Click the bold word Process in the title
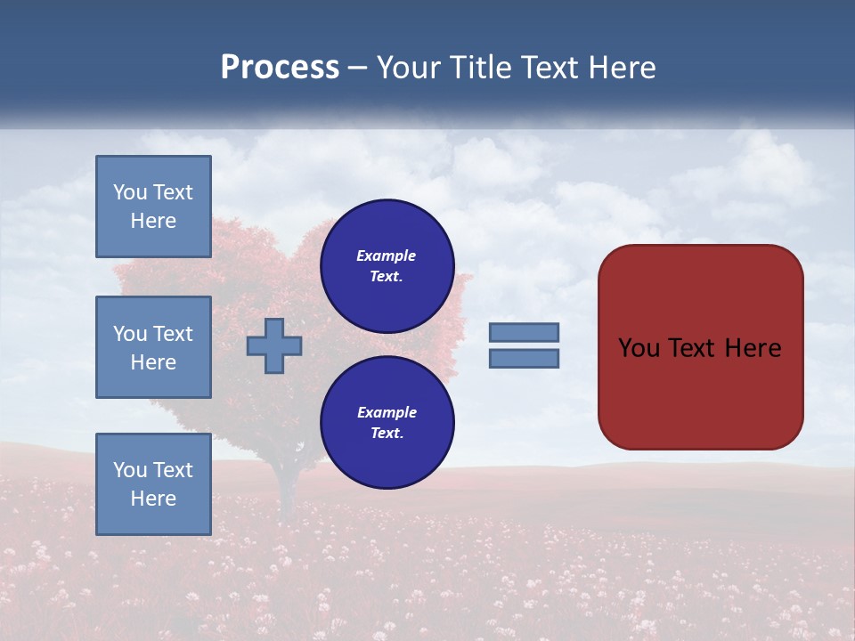click(x=280, y=68)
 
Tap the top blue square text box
click(x=153, y=207)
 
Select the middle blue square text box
click(x=153, y=347)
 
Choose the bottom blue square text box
click(x=153, y=484)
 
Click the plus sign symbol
click(x=274, y=345)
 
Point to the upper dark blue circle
click(x=387, y=266)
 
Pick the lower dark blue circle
click(x=387, y=423)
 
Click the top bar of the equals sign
click(x=524, y=332)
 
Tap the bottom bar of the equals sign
click(x=524, y=358)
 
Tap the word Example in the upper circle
click(x=387, y=256)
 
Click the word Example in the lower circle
click(x=387, y=412)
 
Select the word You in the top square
click(x=130, y=192)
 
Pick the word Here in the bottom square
click(x=153, y=499)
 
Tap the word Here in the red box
click(x=753, y=348)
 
